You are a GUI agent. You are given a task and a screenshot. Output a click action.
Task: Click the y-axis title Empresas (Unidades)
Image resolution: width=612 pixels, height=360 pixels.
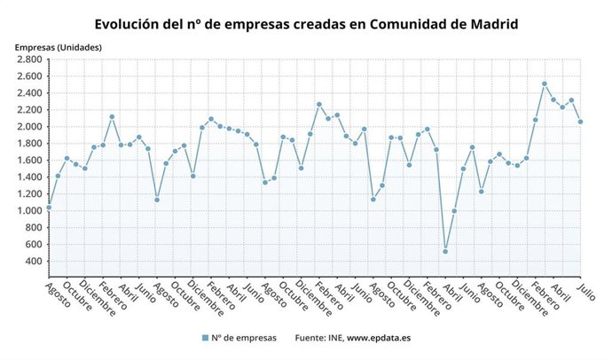pos(58,46)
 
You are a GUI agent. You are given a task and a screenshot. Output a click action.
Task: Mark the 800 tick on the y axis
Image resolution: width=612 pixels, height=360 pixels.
pos(34,228)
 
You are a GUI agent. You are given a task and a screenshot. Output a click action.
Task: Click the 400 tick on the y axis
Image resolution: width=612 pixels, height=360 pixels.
pos(34,262)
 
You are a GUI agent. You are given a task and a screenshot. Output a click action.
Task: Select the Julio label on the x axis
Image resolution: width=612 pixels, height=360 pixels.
pos(585,290)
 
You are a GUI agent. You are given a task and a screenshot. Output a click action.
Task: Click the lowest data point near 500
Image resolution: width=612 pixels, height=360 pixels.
pos(444,252)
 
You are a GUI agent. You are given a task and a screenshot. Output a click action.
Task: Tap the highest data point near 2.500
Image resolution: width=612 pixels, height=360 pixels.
pos(545,84)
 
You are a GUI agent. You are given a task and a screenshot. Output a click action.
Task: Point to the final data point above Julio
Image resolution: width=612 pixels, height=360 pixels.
pos(581,121)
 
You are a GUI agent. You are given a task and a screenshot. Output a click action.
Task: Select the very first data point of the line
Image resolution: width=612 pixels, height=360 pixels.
pos(48,207)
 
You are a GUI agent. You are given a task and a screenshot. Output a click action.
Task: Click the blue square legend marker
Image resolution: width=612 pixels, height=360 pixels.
pos(206,338)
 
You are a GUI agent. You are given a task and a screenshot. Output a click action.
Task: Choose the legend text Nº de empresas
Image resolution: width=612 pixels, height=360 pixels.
pos(245,338)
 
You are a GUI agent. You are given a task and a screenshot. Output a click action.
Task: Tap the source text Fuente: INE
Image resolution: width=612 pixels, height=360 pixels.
pos(317,338)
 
